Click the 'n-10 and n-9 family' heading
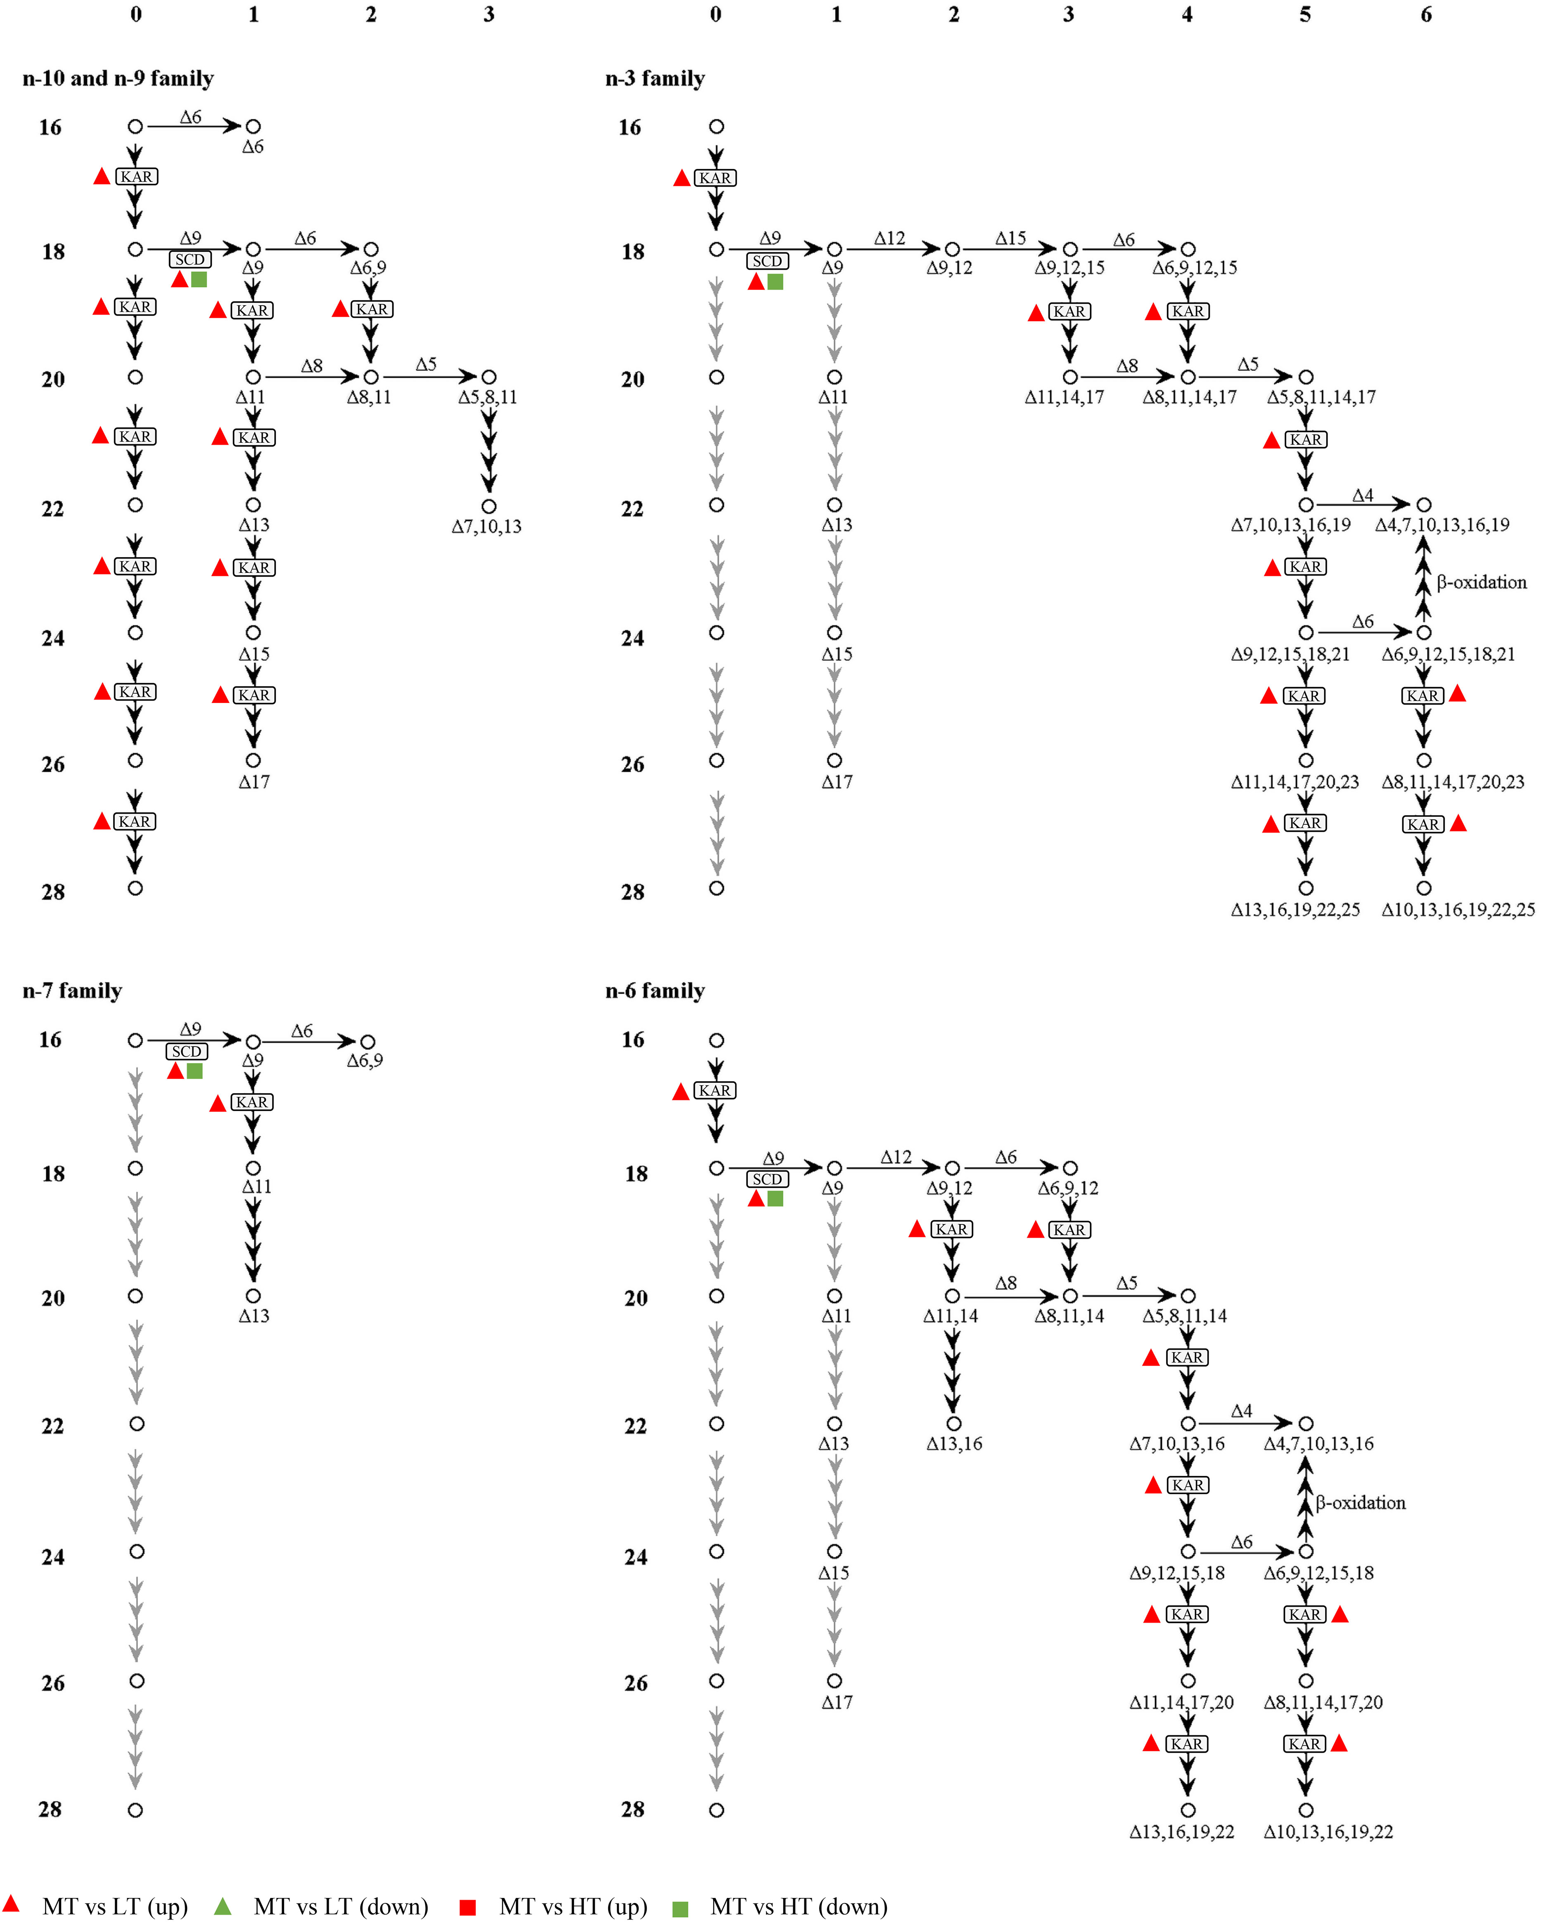pos(118,78)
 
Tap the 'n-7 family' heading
pos(72,990)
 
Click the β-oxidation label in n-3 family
pos(1481,582)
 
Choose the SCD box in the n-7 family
pos(186,1052)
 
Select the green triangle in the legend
pos(223,1907)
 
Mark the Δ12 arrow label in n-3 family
pos(889,238)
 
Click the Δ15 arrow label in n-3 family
pos(1011,238)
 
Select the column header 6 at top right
pos(1426,14)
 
